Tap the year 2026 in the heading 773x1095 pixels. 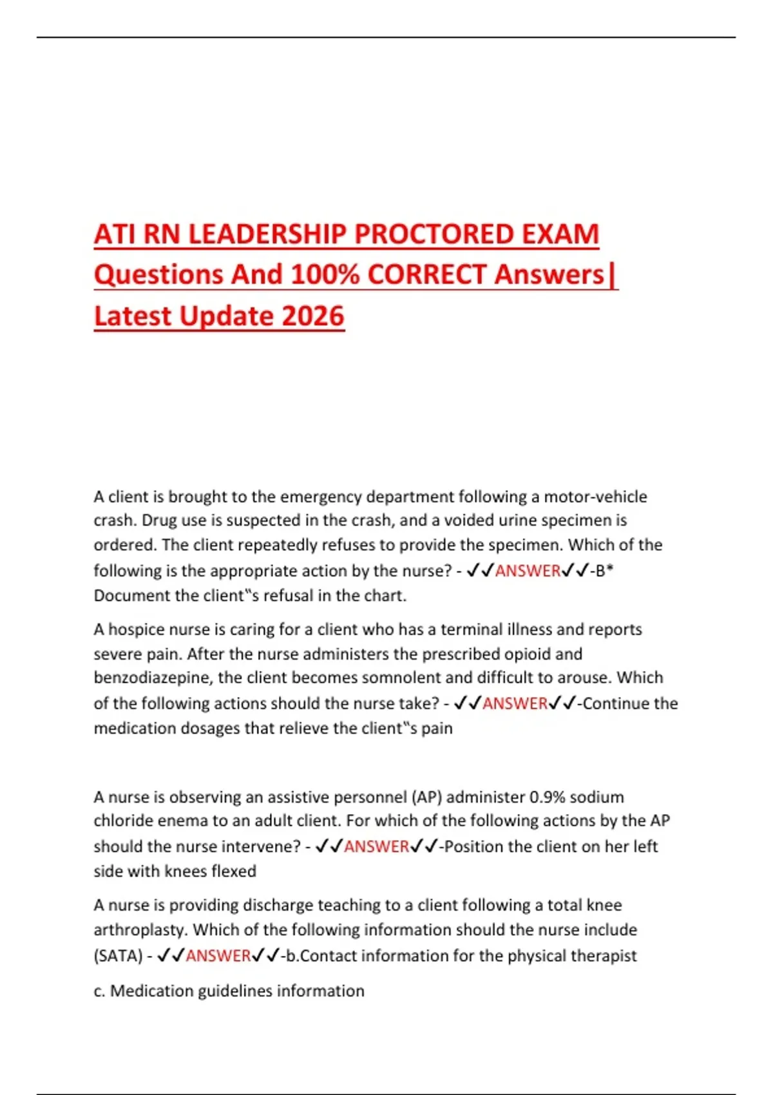[x=313, y=316]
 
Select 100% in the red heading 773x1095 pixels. [x=325, y=275]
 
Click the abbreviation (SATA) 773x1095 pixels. [x=118, y=956]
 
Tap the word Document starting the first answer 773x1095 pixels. [x=126, y=596]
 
